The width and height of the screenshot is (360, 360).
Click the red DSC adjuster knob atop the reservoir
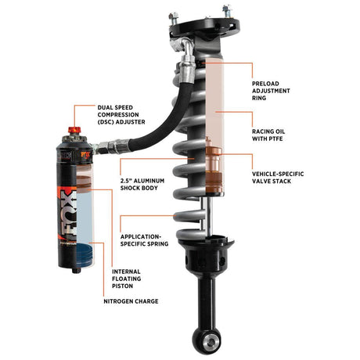75,130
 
